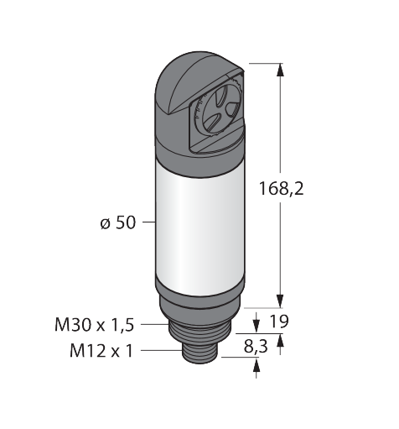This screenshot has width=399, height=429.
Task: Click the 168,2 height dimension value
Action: [x=281, y=188]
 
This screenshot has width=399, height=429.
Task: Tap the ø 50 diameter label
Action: [x=118, y=223]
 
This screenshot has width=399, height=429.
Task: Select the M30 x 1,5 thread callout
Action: [x=95, y=325]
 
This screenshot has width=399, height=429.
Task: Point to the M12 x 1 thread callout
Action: [x=101, y=350]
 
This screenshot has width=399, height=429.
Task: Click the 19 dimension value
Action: [x=279, y=322]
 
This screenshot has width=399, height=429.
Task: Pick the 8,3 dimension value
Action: [x=256, y=346]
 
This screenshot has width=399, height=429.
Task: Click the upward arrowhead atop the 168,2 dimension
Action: [x=280, y=70]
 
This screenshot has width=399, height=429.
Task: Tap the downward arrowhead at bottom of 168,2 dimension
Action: [x=280, y=301]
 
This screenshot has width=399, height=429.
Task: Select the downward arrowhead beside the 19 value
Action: [x=256, y=327]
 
